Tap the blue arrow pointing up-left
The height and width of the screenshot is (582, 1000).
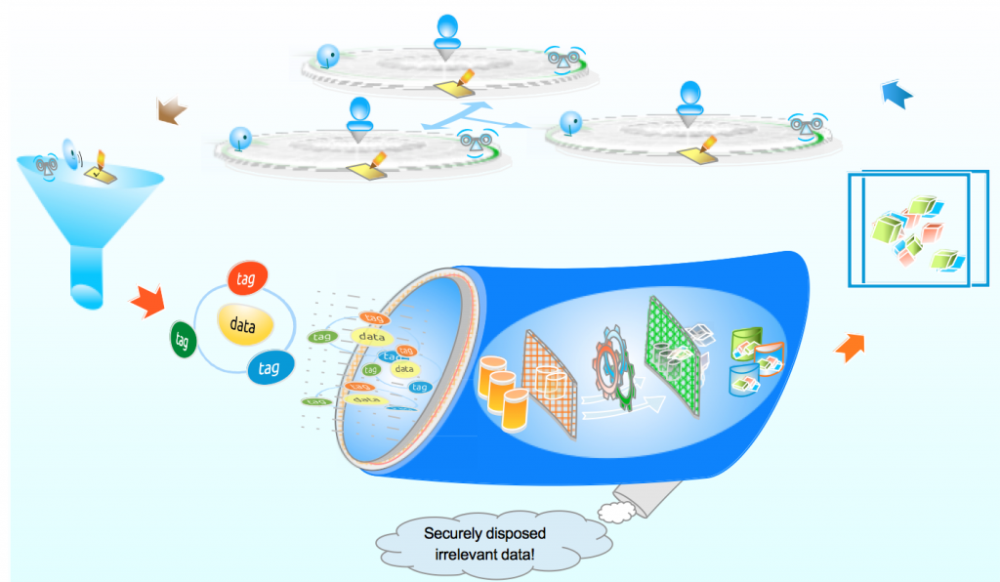pos(896,95)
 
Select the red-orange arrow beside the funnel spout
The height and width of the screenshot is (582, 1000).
pos(148,299)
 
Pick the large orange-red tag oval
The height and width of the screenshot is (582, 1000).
pos(247,279)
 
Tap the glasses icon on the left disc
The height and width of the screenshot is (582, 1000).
pos(477,143)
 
